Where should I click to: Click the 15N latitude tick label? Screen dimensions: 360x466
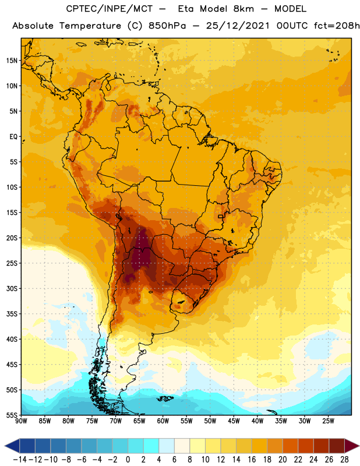[x=12, y=61]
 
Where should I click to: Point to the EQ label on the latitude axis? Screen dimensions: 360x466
[x=13, y=137]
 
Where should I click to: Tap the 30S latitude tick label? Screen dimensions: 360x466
[x=12, y=288]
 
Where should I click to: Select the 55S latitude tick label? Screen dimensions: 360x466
[x=12, y=415]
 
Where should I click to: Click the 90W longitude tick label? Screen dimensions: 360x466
[x=21, y=421]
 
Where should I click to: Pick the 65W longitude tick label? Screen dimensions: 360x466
[x=139, y=421]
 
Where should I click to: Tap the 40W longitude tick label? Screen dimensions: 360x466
[x=257, y=421]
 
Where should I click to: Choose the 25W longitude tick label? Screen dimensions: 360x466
[x=328, y=421]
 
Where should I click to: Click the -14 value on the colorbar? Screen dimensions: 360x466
[x=20, y=460]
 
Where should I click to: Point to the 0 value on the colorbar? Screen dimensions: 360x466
[x=128, y=460]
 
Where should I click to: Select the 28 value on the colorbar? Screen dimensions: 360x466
[x=344, y=460]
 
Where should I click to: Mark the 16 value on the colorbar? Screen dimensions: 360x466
[x=252, y=460]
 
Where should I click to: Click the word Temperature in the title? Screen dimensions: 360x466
[x=90, y=26]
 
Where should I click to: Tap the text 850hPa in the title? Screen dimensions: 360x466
[x=167, y=26]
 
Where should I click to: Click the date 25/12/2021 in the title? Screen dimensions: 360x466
[x=238, y=26]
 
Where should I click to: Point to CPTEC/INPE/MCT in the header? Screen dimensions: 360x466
[x=110, y=9]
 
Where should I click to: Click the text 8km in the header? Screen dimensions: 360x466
[x=243, y=9]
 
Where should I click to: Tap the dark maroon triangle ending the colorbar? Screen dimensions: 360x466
[x=352, y=446]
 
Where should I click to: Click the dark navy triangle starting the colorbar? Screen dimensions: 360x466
[x=12, y=446]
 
